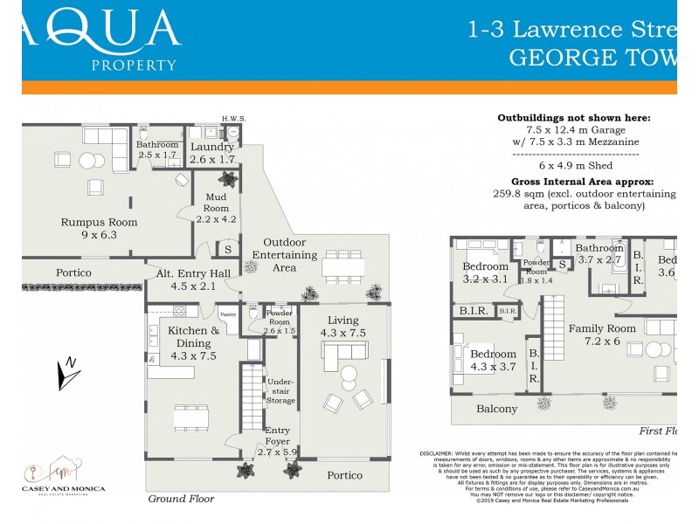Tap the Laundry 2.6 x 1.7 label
click(x=213, y=154)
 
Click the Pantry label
click(x=228, y=314)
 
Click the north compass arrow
click(x=66, y=373)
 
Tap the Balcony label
click(x=496, y=409)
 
